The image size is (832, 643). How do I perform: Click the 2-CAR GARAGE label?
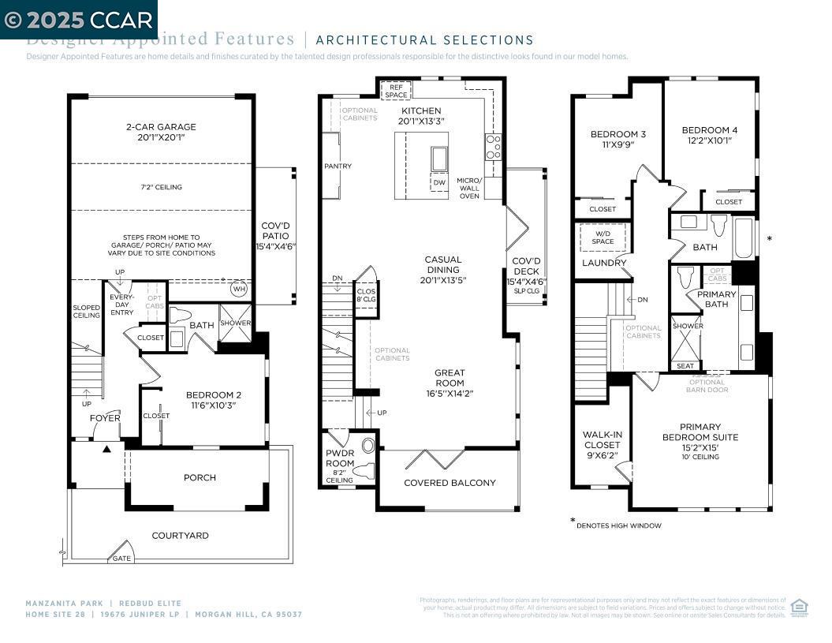pos(160,132)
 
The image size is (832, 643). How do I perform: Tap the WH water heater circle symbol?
pos(238,289)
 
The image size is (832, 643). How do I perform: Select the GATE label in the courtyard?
pos(121,558)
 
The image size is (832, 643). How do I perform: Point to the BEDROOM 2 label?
pos(213,399)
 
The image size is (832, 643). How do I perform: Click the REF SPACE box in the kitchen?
pos(396,90)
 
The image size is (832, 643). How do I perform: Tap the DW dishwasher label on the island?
pos(439,182)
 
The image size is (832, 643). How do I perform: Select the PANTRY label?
pos(338,166)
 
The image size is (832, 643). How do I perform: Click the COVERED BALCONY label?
pos(450,483)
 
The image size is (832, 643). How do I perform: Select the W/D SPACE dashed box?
pos(603,237)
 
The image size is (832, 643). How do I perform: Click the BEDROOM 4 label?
pos(705,135)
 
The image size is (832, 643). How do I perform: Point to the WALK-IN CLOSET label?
pos(602,445)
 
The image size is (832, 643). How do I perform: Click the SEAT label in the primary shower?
pos(685,366)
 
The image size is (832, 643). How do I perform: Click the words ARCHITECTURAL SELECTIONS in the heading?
pos(424,40)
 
